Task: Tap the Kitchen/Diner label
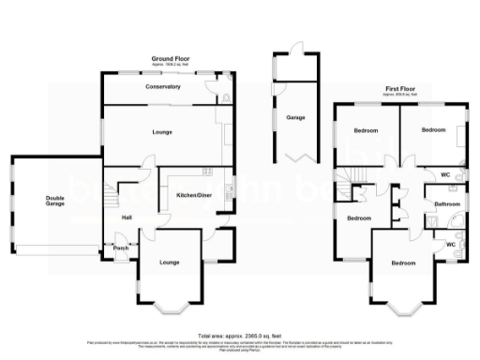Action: pyautogui.click(x=193, y=195)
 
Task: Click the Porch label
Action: pyautogui.click(x=120, y=248)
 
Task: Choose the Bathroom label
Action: pyautogui.click(x=446, y=203)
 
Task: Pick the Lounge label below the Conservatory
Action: pyautogui.click(x=162, y=132)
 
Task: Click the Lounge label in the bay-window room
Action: pyautogui.click(x=169, y=262)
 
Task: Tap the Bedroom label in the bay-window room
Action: pyautogui.click(x=402, y=263)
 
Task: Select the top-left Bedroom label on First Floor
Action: pyautogui.click(x=366, y=129)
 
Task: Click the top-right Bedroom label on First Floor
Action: pyautogui.click(x=432, y=129)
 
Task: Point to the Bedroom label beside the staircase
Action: pyautogui.click(x=359, y=218)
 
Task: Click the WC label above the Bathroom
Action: pyautogui.click(x=446, y=175)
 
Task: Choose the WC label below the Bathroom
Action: pyautogui.click(x=450, y=245)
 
